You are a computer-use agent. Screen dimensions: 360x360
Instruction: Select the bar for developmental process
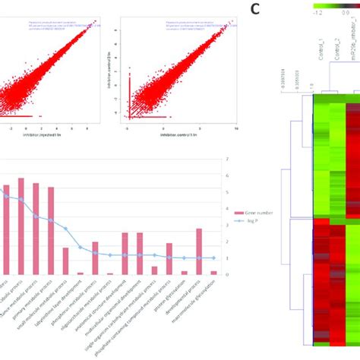point(199,251)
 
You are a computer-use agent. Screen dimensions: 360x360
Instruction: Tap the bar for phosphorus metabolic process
point(95,258)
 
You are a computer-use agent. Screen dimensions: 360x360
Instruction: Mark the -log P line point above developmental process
point(199,258)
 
